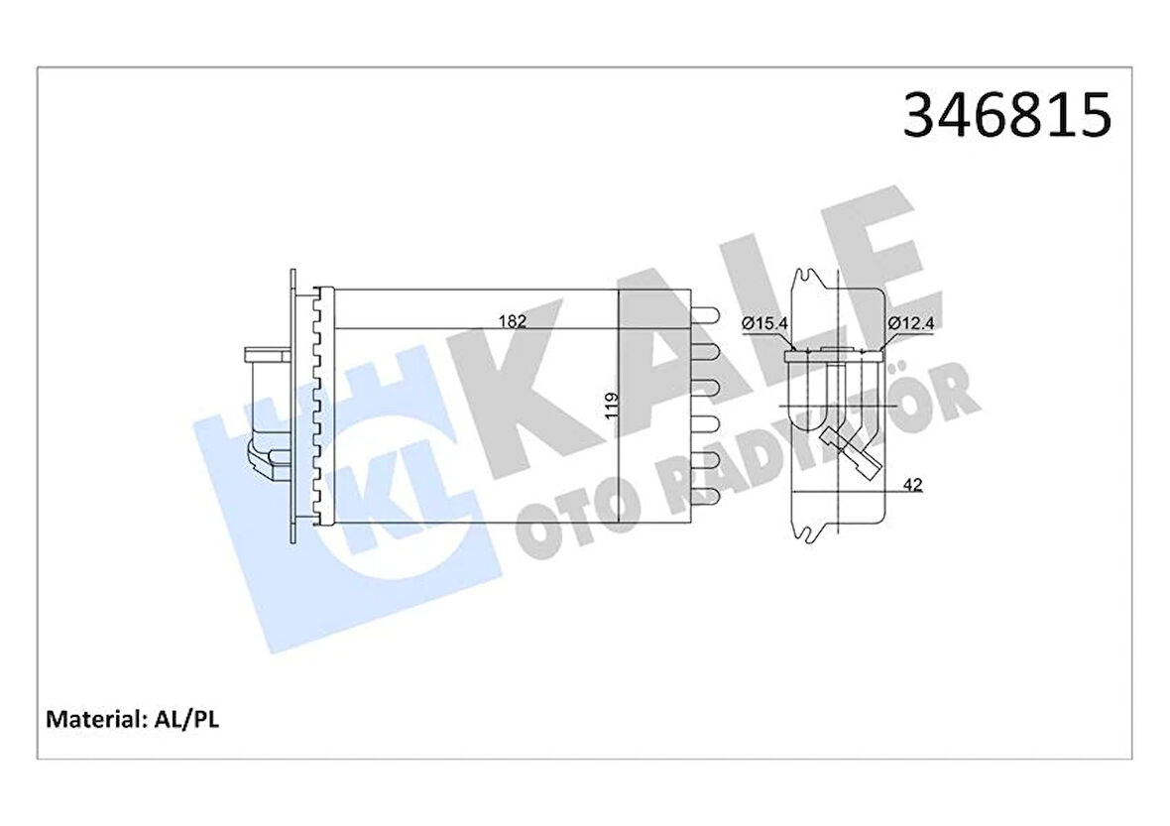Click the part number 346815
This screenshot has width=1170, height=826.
coord(1006,116)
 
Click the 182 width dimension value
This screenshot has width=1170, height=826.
coord(512,320)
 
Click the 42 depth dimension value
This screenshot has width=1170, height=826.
coord(914,485)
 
